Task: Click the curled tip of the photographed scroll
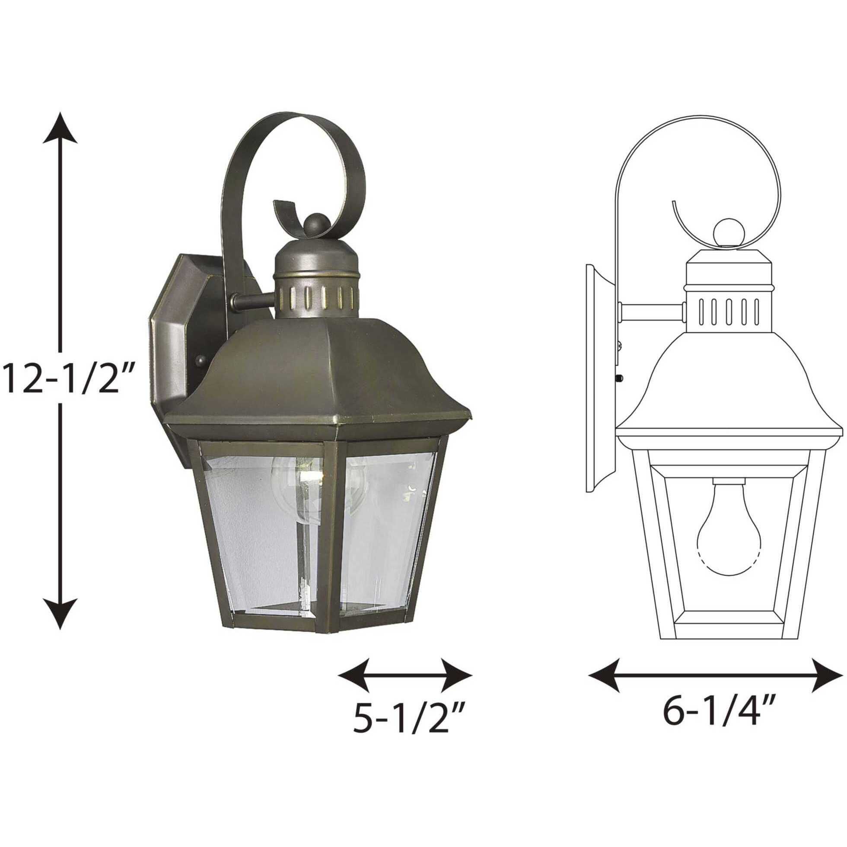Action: pyautogui.click(x=280, y=210)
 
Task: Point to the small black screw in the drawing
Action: pyautogui.click(x=620, y=377)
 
